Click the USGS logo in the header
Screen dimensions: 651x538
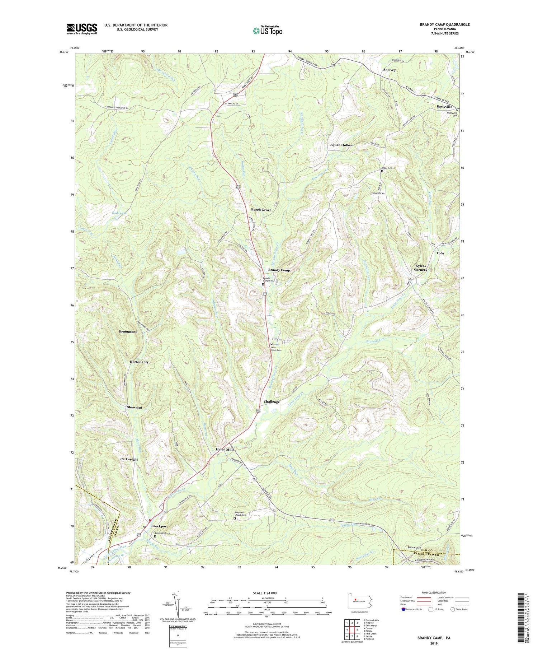(82, 28)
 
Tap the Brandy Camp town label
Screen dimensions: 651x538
(279, 270)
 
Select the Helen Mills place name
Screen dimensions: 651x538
(225, 449)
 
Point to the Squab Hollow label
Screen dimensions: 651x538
(341, 145)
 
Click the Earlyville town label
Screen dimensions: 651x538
(444, 107)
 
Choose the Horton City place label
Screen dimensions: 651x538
(139, 362)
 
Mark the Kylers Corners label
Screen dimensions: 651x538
(420, 268)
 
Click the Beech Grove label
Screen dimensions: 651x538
(261, 210)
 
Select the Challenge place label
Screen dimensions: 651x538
(272, 402)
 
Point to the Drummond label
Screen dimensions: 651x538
(128, 331)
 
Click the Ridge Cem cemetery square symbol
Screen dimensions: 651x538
(382, 171)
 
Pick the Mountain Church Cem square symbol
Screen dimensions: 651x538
(235, 518)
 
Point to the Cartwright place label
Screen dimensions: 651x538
(129, 459)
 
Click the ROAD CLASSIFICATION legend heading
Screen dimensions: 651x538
(434, 592)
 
